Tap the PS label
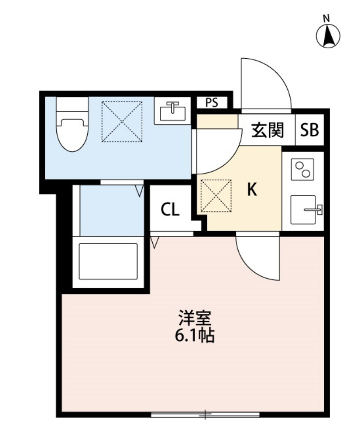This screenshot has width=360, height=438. tap(212, 103)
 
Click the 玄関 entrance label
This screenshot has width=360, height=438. tap(267, 130)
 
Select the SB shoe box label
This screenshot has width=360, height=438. tap(309, 130)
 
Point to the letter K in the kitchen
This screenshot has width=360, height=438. tap(252, 189)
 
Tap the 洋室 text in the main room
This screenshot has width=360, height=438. tap(195, 318)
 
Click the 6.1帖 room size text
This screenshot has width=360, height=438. tap(195, 335)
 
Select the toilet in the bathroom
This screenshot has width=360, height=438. tap(72, 124)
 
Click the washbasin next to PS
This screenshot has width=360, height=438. tap(172, 111)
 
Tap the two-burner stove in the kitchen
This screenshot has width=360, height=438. tap(303, 169)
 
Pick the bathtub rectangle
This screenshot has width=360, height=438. tap(108, 261)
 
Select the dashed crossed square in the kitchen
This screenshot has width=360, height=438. tap(216, 196)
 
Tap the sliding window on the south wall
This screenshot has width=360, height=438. tap(205, 415)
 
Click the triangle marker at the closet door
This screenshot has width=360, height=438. tap(154, 242)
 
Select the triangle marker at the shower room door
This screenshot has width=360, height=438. tap(139, 190)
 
